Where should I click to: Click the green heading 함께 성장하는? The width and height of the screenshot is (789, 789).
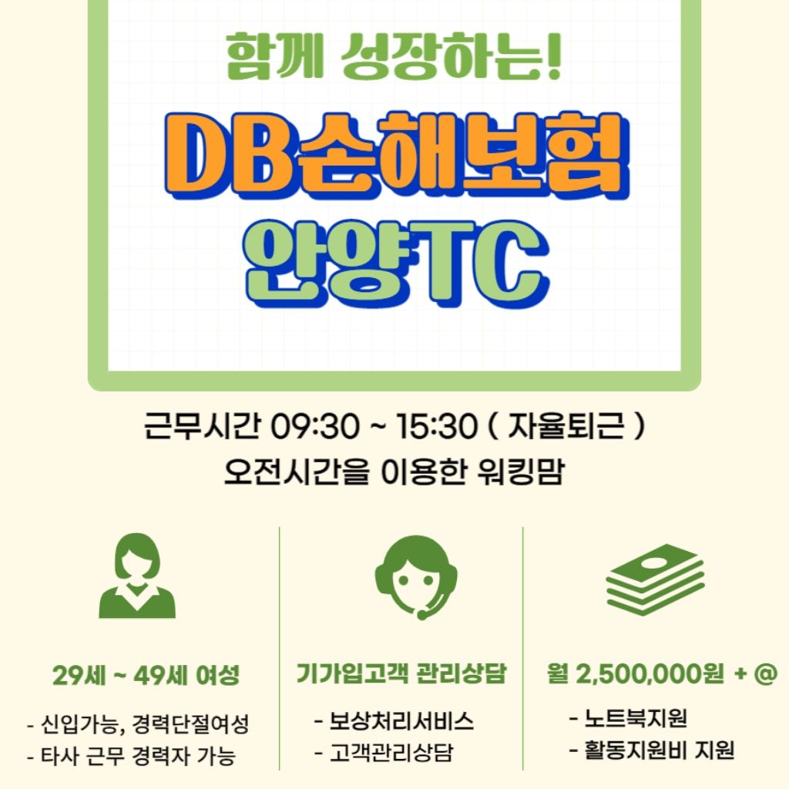393,56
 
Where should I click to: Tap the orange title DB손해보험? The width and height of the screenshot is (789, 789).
397,156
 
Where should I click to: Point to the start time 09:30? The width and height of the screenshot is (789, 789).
315,427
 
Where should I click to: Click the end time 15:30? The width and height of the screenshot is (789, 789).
436,427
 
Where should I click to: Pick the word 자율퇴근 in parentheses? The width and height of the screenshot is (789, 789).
566,425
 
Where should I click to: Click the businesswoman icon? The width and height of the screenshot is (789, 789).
137,575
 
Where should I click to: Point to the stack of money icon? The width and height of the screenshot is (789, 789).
655,579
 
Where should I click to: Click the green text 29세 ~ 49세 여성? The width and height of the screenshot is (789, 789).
146,675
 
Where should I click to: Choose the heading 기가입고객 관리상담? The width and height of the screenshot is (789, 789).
401,673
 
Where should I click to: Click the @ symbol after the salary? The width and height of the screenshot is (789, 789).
766,673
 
